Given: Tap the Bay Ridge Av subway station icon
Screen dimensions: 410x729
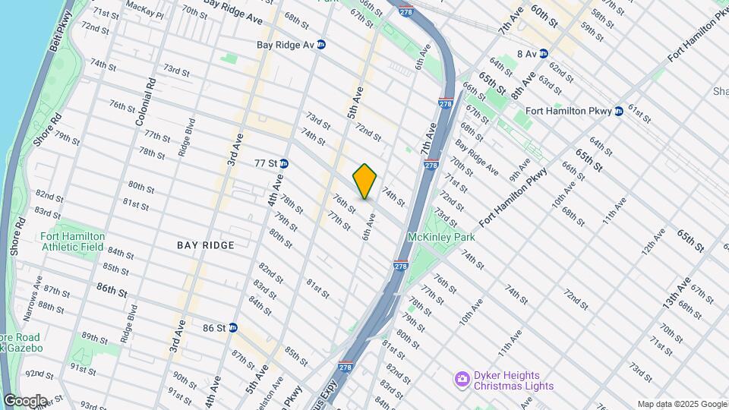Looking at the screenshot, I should pos(321,45).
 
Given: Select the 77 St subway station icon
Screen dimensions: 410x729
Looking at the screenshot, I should pos(284,163).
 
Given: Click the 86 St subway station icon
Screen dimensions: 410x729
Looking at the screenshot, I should pos(233,328).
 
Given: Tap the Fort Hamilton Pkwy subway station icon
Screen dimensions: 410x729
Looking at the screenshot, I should pos(619,111).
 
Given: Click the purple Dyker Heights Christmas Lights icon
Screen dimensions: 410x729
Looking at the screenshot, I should pos(461,379).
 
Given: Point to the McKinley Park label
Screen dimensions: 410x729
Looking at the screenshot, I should pos(440,237).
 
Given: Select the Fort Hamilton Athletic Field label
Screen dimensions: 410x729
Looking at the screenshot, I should pos(71,241).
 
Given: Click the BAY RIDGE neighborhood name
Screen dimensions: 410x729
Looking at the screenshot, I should pos(206,245).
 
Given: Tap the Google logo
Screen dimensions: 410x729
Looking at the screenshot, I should pos(25,400).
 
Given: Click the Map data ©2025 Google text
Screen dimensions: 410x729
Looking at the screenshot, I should pos(682,404).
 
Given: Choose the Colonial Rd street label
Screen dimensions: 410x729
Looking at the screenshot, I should pos(145,102).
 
